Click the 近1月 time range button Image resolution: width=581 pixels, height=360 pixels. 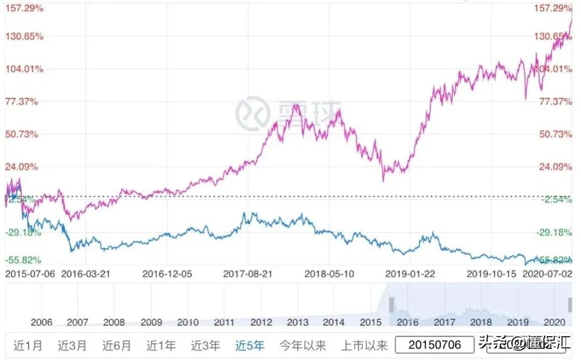coord(28,345)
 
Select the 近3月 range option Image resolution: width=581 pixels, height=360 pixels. coord(72,345)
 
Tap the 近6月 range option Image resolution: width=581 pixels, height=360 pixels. coord(117,345)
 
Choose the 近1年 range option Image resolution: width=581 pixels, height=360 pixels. coord(161,345)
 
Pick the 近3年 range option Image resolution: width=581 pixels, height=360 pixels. coord(206,345)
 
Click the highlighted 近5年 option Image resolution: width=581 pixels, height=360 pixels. coord(250,345)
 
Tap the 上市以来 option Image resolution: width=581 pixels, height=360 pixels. coord(364,345)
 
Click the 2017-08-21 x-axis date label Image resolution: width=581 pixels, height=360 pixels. coord(249,273)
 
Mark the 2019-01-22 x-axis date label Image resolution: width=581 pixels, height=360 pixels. coord(411,273)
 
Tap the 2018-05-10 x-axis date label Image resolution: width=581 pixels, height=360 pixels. coord(329,273)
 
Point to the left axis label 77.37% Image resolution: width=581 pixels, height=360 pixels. coord(21,102)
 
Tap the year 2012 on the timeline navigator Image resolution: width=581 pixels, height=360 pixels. coord(261,322)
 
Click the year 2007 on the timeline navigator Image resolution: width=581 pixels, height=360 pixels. coord(78,322)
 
